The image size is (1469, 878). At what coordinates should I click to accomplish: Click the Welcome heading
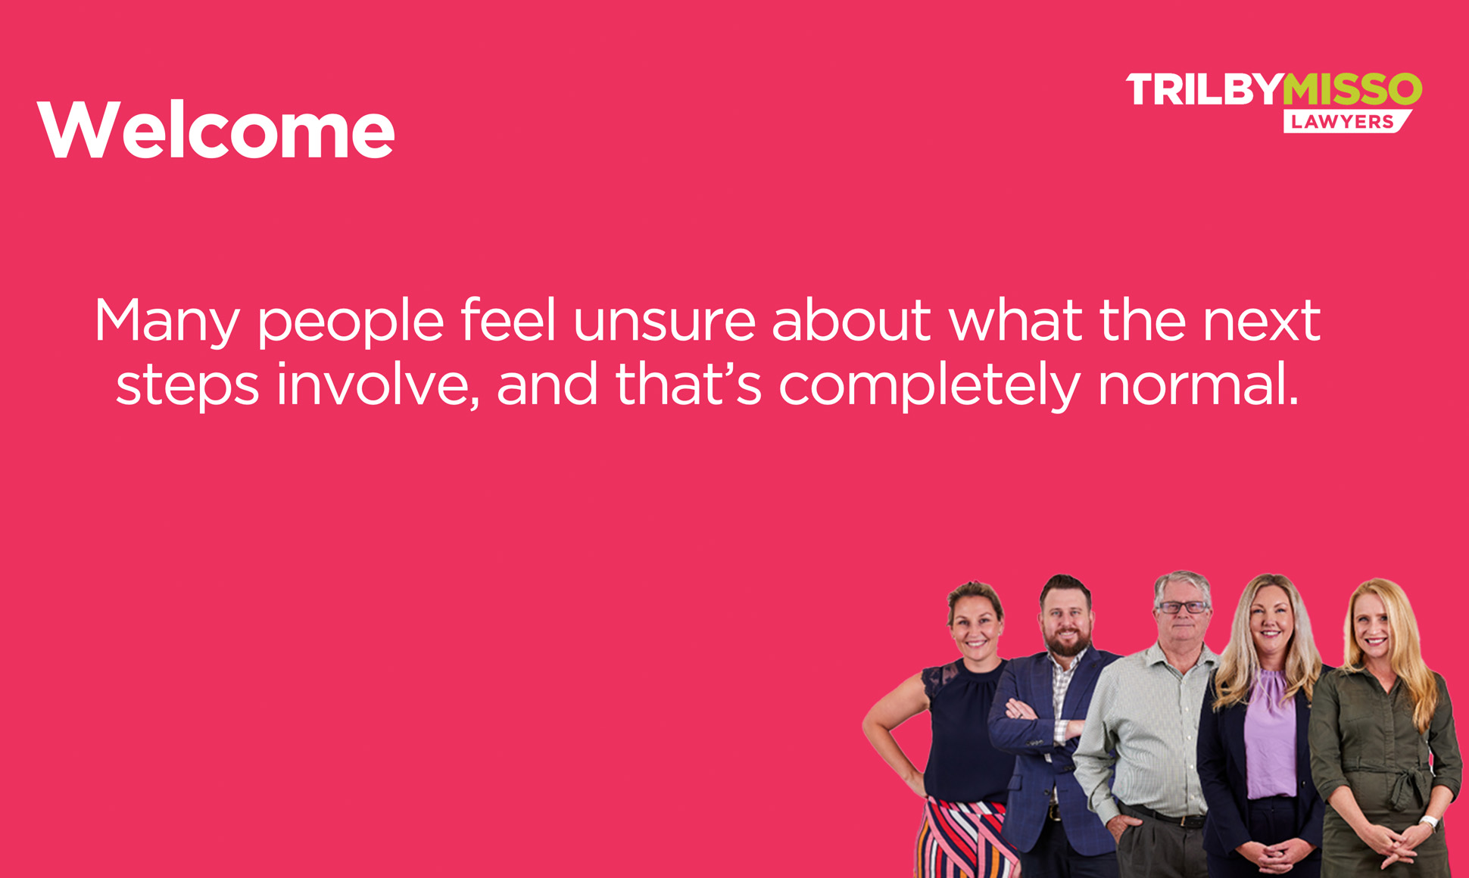217,130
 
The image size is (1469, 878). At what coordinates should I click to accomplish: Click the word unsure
665,321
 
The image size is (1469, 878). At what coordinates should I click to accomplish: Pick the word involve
377,385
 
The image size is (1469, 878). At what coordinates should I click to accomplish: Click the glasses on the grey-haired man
1182,607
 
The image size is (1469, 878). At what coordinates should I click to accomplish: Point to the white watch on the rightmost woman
1428,823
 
